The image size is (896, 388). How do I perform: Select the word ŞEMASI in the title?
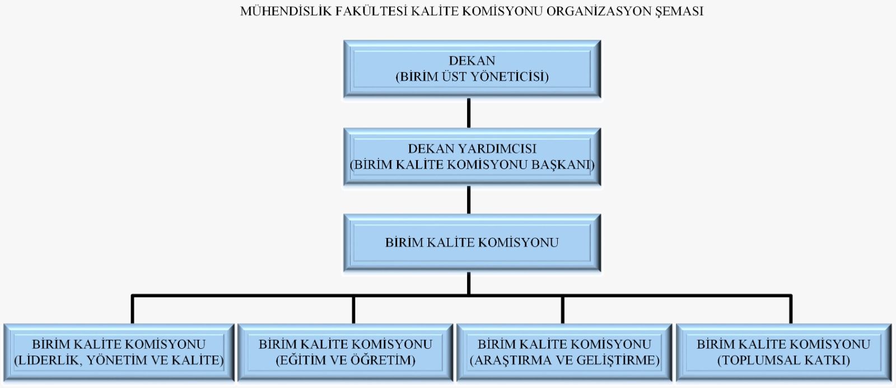[679, 12]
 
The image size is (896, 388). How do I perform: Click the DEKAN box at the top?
[472, 69]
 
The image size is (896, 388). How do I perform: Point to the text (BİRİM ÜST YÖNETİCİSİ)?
[472, 76]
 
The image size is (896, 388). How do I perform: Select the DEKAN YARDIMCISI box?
[472, 157]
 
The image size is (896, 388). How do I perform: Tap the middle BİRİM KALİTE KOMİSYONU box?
[472, 243]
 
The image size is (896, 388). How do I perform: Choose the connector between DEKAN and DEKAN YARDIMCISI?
[469, 113]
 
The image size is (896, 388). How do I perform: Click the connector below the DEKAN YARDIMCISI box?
[469, 200]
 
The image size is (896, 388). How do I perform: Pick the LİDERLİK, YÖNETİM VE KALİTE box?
[119, 352]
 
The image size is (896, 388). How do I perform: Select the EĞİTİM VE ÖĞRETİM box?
[345, 352]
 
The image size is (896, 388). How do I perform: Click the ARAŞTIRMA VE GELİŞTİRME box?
[564, 352]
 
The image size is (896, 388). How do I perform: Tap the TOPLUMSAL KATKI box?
[783, 352]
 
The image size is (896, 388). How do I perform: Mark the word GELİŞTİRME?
[618, 361]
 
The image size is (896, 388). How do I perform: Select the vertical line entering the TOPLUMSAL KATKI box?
[791, 310]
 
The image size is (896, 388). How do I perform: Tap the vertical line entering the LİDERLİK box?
[132, 310]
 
